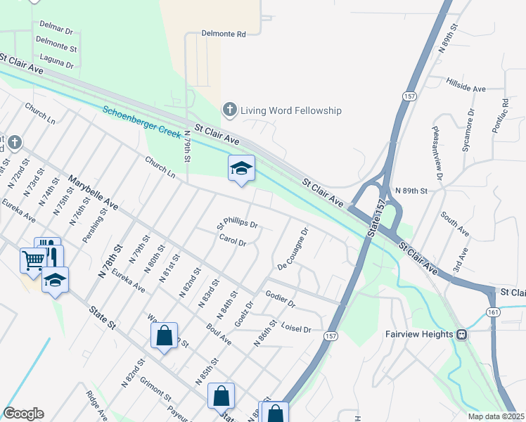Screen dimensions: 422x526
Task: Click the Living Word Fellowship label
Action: click(290, 110)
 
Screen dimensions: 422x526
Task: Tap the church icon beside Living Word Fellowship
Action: click(229, 110)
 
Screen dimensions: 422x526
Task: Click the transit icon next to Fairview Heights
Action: click(463, 334)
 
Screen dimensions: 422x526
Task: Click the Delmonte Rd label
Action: click(224, 33)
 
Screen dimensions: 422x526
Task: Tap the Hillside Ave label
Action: click(466, 85)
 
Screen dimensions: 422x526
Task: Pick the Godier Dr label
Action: click(280, 298)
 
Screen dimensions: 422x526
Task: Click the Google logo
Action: click(23, 414)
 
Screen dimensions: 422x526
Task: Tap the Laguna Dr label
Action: click(57, 61)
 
